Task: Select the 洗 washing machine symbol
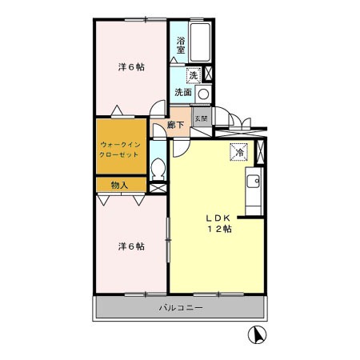pyautogui.click(x=193, y=76)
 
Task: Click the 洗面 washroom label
pyautogui.click(x=183, y=93)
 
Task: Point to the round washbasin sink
pyautogui.click(x=203, y=94)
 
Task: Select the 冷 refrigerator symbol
pyautogui.click(x=238, y=150)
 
